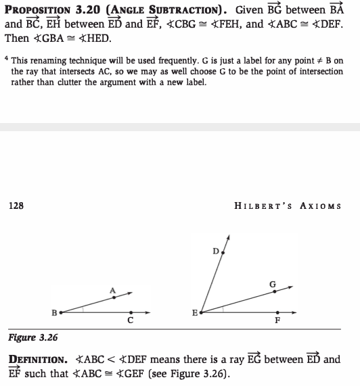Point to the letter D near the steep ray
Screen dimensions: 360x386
tap(215, 251)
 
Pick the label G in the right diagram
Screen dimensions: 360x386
tap(272, 284)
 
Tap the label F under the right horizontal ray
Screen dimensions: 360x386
tap(277, 321)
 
